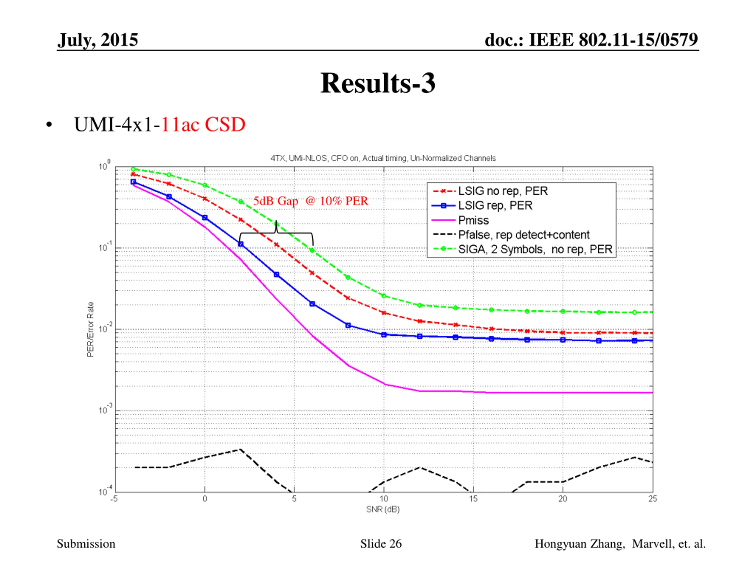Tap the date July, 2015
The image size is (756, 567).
click(98, 40)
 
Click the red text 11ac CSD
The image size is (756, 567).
click(203, 124)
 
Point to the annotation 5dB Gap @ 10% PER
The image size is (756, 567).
click(310, 201)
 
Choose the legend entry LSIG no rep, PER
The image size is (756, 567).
click(502, 191)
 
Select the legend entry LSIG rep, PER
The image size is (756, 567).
click(495, 206)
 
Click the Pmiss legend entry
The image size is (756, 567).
click(473, 220)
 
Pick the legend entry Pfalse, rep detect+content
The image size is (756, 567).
click(523, 235)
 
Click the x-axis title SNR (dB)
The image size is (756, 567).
click(383, 509)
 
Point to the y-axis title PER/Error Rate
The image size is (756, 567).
click(90, 330)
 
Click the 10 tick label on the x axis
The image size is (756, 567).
click(384, 499)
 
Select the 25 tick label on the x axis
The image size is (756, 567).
click(652, 499)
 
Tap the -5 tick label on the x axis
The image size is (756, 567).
click(114, 499)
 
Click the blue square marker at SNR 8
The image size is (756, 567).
click(348, 325)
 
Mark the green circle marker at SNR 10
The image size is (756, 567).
click(384, 296)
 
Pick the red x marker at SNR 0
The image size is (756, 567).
click(205, 198)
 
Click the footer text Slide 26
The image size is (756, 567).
click(381, 544)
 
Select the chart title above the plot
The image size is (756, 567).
click(383, 158)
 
